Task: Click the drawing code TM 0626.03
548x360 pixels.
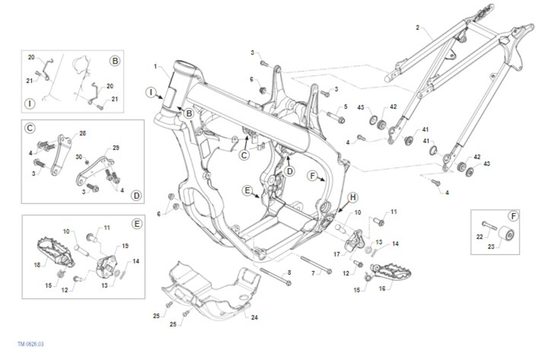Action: pyautogui.click(x=31, y=344)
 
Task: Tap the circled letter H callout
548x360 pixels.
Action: pyautogui.click(x=353, y=197)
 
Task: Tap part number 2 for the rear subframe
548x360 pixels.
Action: pyautogui.click(x=417, y=27)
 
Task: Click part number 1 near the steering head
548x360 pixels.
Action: pyautogui.click(x=155, y=67)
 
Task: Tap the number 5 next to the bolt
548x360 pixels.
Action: pyautogui.click(x=346, y=106)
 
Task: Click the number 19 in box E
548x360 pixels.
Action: pyautogui.click(x=126, y=245)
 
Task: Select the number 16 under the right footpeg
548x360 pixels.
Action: pyautogui.click(x=382, y=289)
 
